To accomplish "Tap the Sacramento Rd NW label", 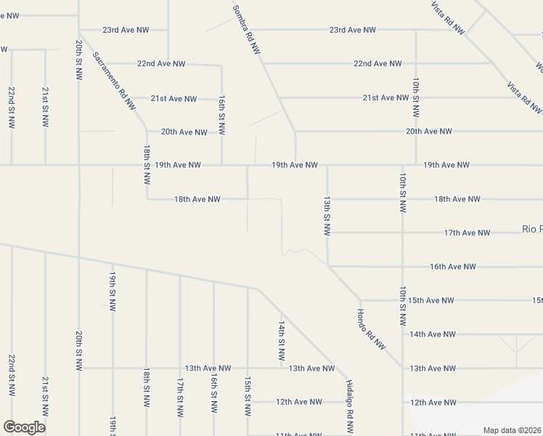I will point(115,84).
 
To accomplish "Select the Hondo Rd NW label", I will point(371,330).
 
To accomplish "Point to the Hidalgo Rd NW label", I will point(349,398).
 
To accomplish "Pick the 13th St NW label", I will point(327,215).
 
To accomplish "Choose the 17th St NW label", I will point(180,397).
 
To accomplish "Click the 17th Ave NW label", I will point(466,233).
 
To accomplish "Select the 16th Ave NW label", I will point(453,267).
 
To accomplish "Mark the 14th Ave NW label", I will point(432,334).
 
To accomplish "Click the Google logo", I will point(24,427).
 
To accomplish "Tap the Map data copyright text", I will point(513,430).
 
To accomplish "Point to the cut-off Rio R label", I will point(532,230).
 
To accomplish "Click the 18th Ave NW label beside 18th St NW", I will point(197,199).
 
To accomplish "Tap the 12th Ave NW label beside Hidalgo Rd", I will point(298,402).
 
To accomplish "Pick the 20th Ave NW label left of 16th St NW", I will point(184,132).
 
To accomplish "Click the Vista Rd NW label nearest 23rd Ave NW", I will point(448,17).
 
